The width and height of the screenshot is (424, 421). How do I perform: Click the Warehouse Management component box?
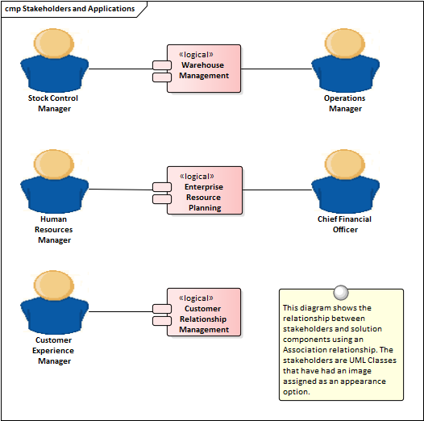click(204, 69)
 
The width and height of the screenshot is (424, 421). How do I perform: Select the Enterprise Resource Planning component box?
click(205, 190)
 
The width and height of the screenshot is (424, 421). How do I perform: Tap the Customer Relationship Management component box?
click(204, 312)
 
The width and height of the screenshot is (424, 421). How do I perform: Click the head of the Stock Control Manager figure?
click(54, 44)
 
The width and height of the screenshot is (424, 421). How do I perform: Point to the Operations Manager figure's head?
click(345, 44)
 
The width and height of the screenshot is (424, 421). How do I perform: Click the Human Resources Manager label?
click(54, 229)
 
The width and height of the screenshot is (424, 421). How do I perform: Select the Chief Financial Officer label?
click(345, 224)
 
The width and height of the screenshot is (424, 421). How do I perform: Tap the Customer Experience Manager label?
click(53, 350)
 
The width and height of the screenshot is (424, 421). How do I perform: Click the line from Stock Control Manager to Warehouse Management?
click(121, 69)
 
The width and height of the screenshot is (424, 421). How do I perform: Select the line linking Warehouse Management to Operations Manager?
click(276, 69)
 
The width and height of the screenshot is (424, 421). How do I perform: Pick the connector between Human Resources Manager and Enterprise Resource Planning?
click(121, 190)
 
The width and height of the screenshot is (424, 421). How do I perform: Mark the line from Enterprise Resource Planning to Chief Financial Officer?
click(277, 190)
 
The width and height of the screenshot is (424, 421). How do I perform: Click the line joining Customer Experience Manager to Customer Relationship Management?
click(121, 311)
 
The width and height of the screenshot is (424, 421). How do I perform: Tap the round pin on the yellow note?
click(341, 293)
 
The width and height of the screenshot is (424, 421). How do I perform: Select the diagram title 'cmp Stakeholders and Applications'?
click(70, 9)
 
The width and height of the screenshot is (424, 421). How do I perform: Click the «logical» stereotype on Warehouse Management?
click(196, 55)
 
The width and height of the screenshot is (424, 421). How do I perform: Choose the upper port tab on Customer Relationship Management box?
click(162, 308)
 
